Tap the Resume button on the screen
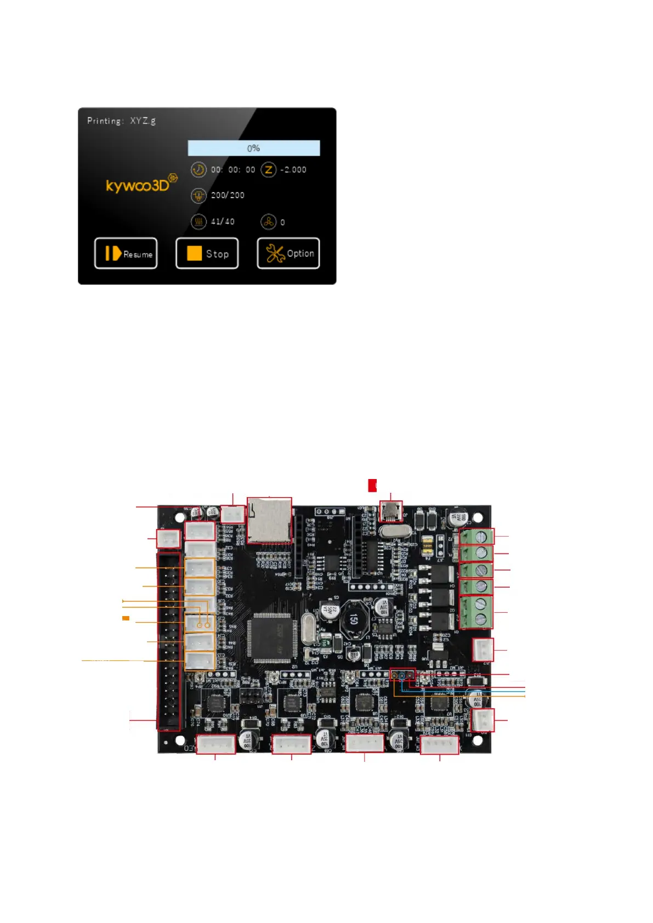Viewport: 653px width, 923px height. tap(126, 253)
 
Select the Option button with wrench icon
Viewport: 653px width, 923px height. tap(288, 253)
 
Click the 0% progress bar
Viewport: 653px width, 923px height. tap(253, 148)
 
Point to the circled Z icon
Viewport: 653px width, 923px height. tap(269, 170)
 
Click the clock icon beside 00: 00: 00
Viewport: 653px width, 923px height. tap(198, 170)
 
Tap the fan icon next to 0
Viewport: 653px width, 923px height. tap(268, 222)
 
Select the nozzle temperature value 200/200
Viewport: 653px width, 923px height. tap(228, 195)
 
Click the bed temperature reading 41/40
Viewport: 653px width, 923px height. tap(223, 222)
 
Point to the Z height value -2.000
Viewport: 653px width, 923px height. tap(293, 170)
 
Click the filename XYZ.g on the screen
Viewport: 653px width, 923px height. tap(143, 121)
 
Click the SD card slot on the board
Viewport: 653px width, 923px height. tap(269, 520)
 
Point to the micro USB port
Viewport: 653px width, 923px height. tap(390, 512)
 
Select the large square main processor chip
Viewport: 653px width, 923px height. tap(272, 637)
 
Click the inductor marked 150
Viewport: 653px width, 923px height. tap(353, 619)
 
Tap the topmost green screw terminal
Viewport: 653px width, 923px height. tap(476, 536)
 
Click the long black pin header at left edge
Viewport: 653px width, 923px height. tap(169, 641)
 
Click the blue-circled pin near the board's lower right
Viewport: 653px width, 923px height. tap(402, 675)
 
